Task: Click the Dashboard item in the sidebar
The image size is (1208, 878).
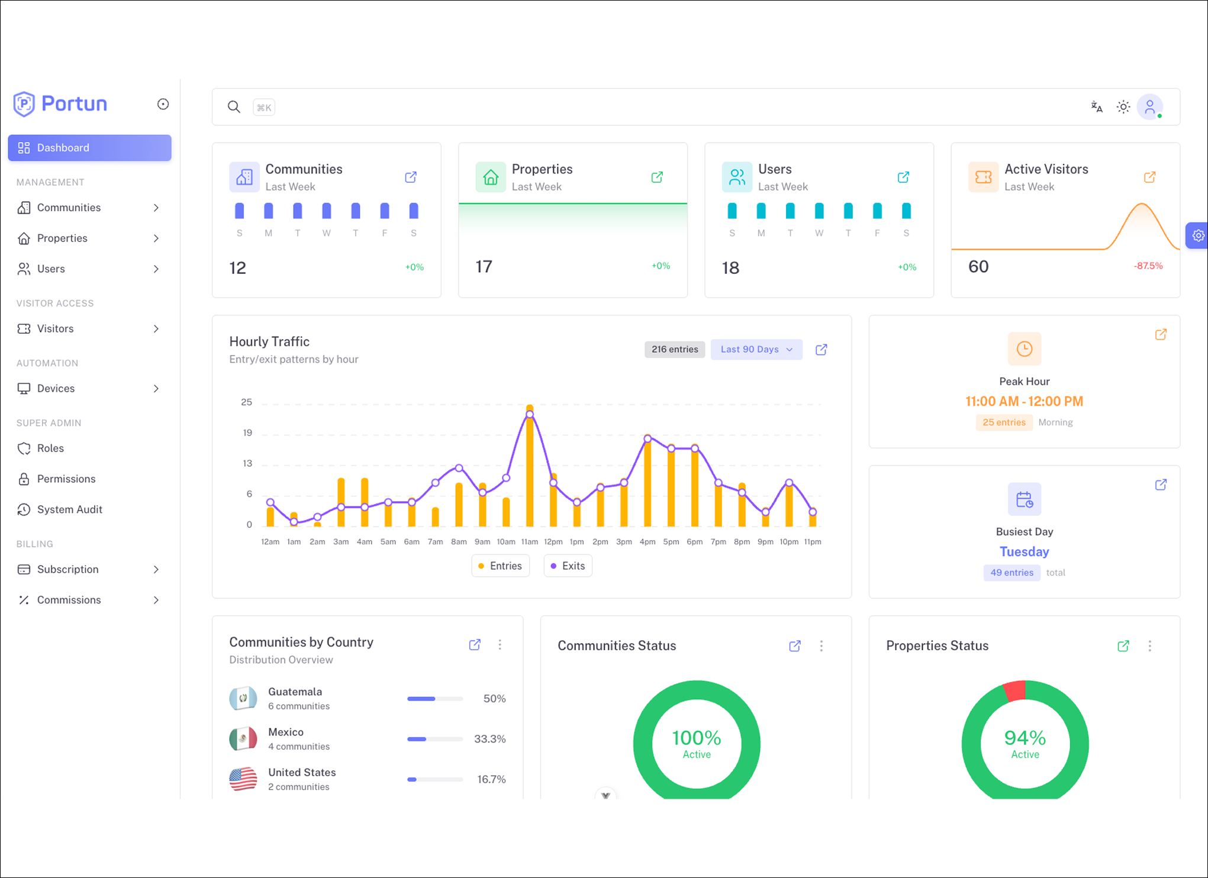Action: tap(89, 148)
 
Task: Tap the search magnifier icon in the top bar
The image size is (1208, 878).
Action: tap(234, 107)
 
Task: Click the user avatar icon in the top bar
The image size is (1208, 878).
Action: tap(1149, 107)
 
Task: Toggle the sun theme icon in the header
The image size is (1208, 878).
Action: tap(1123, 107)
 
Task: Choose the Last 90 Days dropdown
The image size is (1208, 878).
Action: tap(756, 350)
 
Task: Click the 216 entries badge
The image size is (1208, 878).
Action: tap(675, 350)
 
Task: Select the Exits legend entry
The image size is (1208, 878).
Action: tap(568, 566)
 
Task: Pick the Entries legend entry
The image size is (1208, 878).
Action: tap(500, 566)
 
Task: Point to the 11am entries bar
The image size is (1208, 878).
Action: tap(530, 466)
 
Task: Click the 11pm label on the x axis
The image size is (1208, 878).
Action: tap(813, 542)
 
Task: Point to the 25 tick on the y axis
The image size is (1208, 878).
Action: tap(246, 402)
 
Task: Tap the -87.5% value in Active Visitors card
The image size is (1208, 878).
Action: tap(1148, 266)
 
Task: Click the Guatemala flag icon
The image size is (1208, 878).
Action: tap(243, 699)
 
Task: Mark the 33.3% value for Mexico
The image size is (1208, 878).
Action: tap(490, 739)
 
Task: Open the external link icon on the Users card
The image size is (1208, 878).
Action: tap(903, 177)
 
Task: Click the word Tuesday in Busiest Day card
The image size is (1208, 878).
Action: tap(1025, 552)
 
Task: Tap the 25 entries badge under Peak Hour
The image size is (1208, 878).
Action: tap(1004, 422)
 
